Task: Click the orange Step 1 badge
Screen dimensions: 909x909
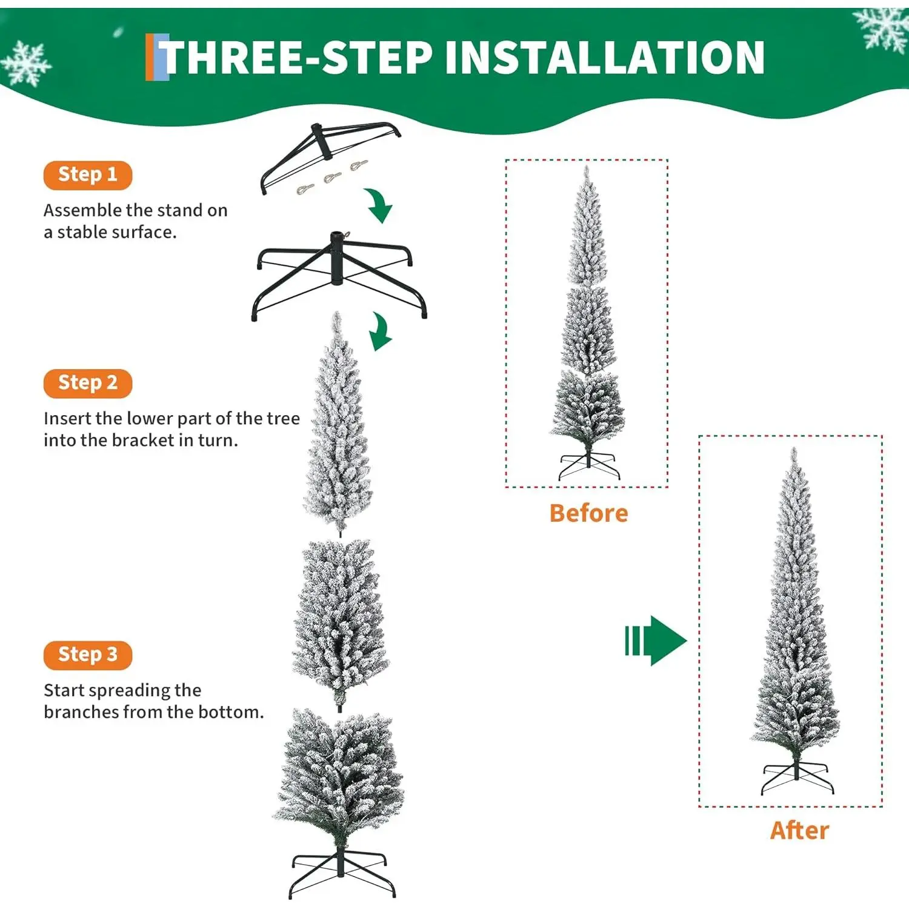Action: [88, 175]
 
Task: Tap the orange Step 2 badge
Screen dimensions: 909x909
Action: [88, 384]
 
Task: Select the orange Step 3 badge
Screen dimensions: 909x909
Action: [88, 655]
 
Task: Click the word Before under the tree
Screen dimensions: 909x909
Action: [588, 513]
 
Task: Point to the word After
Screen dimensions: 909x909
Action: [799, 830]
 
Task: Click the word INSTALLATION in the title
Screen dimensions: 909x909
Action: [604, 58]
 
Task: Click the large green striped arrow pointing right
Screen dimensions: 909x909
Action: [656, 641]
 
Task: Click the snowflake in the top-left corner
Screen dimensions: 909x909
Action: [25, 63]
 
